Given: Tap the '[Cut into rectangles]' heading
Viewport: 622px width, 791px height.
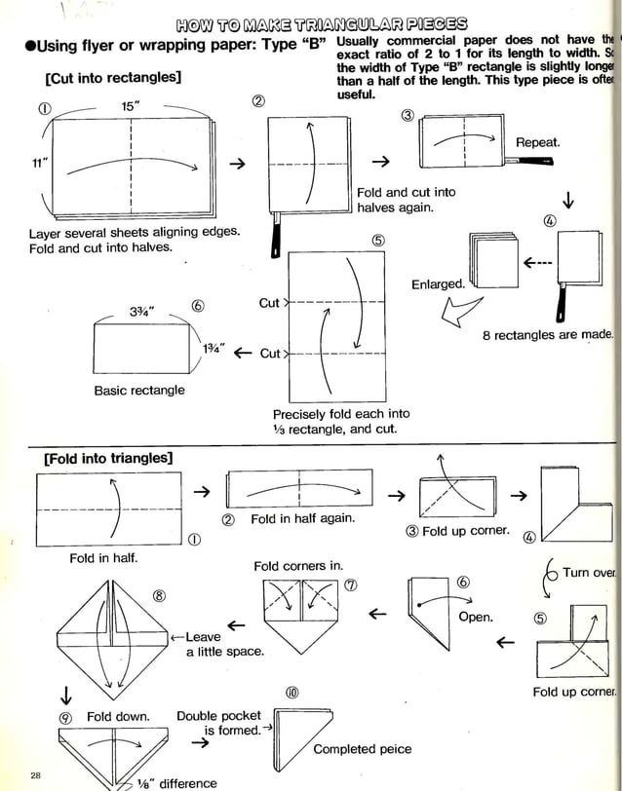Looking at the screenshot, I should [112, 78].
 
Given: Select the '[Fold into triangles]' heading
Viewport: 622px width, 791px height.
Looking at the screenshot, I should [108, 458].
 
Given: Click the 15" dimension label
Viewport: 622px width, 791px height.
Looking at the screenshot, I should [132, 105].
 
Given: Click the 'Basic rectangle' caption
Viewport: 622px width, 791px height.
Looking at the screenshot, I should [139, 391].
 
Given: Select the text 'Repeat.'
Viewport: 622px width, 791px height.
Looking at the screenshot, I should [537, 142].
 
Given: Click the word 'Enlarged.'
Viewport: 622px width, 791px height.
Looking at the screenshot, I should [438, 283].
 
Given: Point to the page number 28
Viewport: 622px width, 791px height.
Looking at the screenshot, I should [35, 774].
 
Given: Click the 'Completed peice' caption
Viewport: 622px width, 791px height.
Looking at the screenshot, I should [362, 749].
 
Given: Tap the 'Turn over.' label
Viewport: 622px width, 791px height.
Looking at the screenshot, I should [588, 573].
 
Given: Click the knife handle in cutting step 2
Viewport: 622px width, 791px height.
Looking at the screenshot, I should [276, 239].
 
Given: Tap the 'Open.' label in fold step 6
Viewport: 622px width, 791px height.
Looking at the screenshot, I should [476, 617].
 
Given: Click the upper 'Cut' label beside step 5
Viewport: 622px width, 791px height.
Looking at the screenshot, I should [269, 303].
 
